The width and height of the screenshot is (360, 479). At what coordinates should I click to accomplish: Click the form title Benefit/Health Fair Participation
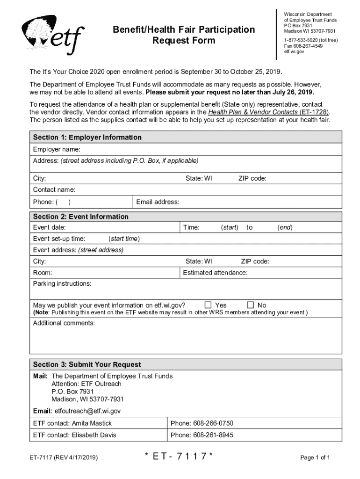[184, 30]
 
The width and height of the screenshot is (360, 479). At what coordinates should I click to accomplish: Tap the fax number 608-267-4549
[302, 46]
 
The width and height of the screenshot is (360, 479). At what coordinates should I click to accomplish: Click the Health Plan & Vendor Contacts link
[268, 112]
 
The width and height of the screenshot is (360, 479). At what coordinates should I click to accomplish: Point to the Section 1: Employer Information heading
[87, 138]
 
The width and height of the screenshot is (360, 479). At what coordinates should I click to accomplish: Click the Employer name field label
[56, 149]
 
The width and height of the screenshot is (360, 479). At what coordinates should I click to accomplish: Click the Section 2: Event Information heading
[80, 217]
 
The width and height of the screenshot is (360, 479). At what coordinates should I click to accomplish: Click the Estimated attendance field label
[215, 273]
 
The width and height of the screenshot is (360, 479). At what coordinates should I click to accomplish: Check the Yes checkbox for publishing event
[208, 305]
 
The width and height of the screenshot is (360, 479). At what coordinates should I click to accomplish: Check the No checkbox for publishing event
[250, 305]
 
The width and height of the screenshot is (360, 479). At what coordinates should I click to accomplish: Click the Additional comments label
[64, 323]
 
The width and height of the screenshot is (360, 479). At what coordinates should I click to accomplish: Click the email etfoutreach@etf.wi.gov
[87, 411]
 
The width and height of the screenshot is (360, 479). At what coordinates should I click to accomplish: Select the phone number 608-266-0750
[202, 423]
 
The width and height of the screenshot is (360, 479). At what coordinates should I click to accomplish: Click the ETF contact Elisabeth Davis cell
[74, 435]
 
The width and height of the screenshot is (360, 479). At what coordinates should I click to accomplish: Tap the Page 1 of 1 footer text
[315, 457]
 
